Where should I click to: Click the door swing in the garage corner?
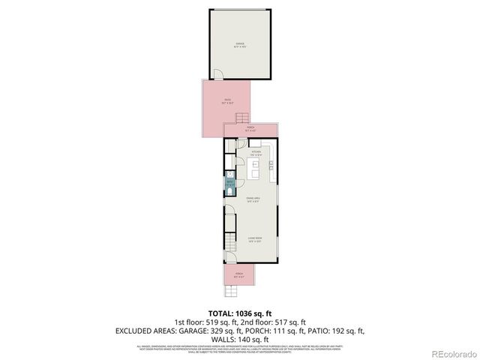pyautogui.click(x=216, y=74)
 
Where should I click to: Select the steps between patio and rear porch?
pyautogui.click(x=241, y=118)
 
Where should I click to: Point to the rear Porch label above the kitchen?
pyautogui.click(x=250, y=129)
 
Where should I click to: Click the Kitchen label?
pyautogui.click(x=255, y=153)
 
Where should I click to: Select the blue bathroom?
pyautogui.click(x=229, y=183)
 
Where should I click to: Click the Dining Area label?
pyautogui.click(x=253, y=199)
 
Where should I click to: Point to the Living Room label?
pyautogui.click(x=254, y=240)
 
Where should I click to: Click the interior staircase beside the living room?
pyautogui.click(x=231, y=228)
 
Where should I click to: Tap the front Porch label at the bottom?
pyautogui.click(x=239, y=274)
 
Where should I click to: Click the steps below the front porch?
pyautogui.click(x=238, y=289)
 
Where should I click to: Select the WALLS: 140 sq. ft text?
pyautogui.click(x=239, y=339)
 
